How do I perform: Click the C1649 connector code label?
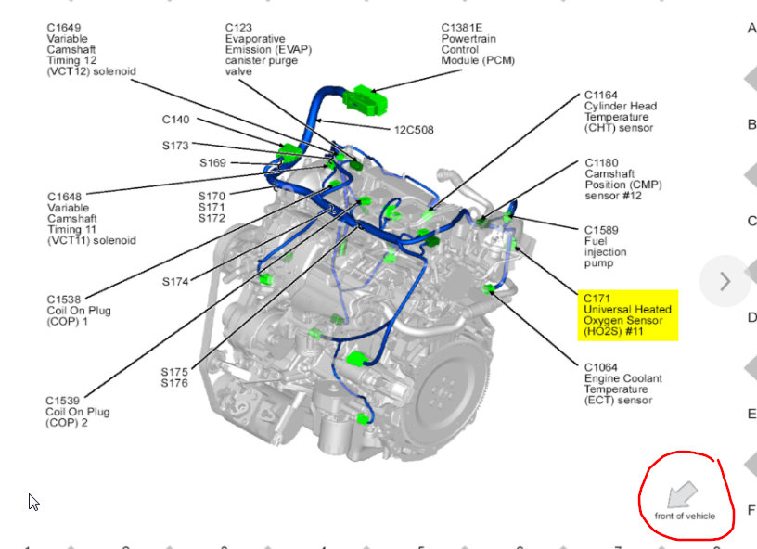[65, 28]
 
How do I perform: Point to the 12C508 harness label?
[414, 130]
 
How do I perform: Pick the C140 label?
[175, 120]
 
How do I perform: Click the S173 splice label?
[174, 146]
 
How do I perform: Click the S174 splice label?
[175, 281]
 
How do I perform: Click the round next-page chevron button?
[725, 281]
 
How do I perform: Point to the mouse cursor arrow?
[33, 502]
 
